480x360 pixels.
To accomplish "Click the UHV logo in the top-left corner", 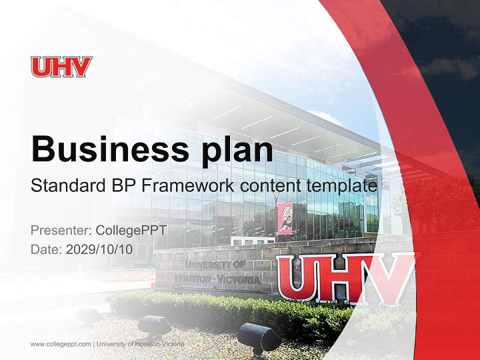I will point(61,67).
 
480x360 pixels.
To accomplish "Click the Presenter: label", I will point(61,230).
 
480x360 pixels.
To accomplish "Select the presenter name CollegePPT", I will point(130,230).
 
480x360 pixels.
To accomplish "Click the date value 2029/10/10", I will point(99,249).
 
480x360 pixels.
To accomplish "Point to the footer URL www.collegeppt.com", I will point(60,344).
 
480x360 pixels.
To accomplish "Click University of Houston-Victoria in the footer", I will point(140,344).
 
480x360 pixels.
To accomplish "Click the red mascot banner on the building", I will point(285,218).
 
